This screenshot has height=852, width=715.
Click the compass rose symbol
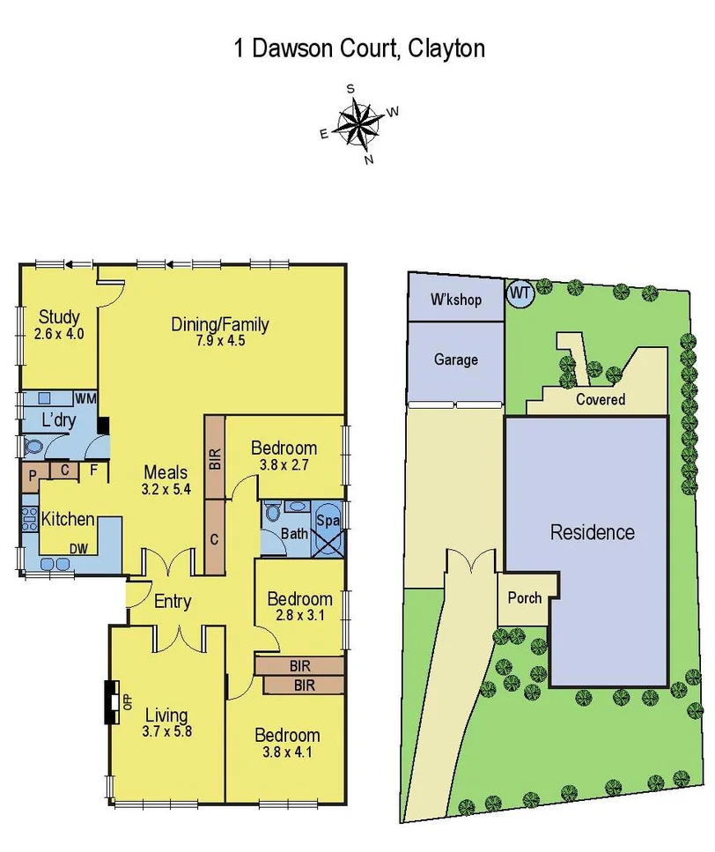(x=357, y=123)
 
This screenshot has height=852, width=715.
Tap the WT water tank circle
(x=520, y=293)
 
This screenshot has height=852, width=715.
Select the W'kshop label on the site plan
(x=455, y=300)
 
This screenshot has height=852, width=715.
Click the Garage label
(x=455, y=359)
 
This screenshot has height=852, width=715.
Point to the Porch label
(x=525, y=598)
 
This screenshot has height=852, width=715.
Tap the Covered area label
(x=601, y=399)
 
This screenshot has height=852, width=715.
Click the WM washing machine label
(x=85, y=398)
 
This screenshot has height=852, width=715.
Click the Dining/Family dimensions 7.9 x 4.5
(x=219, y=341)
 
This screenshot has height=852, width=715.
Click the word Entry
(x=173, y=602)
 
